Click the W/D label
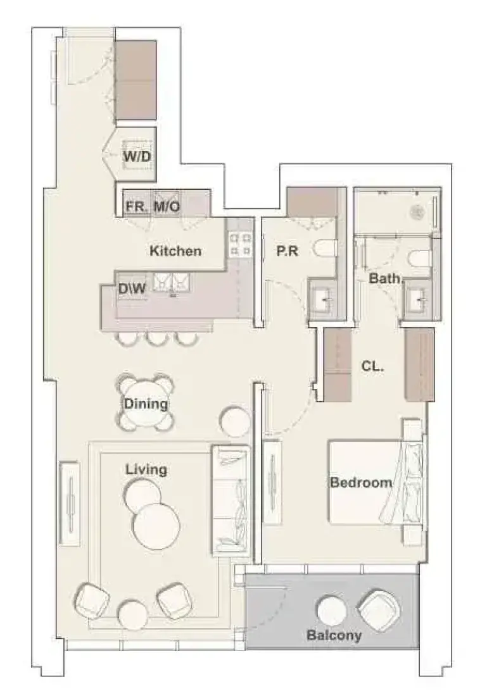[x=137, y=156]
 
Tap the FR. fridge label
[x=137, y=206]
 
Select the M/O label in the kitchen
[x=167, y=206]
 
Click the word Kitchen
[x=175, y=251]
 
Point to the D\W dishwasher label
[x=132, y=289]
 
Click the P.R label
[x=287, y=251]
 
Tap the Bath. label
[x=385, y=279]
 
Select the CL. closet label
[x=372, y=366]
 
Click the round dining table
[x=146, y=403]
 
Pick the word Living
[x=146, y=469]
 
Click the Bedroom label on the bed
[x=361, y=483]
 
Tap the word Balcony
[x=334, y=635]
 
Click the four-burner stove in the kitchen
[x=239, y=245]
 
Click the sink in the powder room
[x=322, y=300]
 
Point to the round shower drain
[x=417, y=212]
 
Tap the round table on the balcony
[x=332, y=611]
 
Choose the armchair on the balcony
[x=379, y=608]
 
